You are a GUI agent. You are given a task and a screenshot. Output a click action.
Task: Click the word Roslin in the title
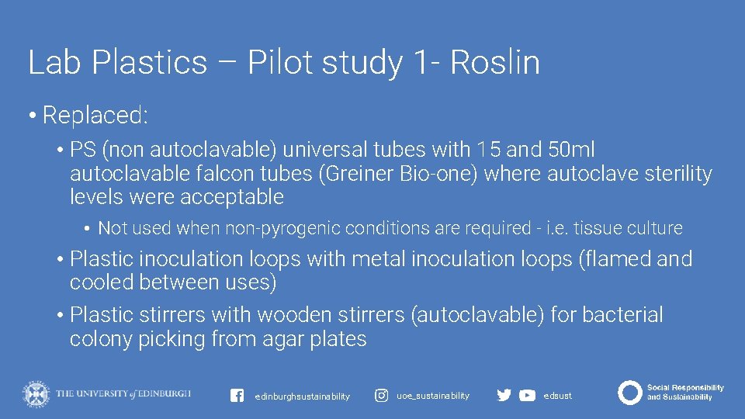click(494, 62)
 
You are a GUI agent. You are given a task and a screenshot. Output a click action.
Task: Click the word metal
click(382, 259)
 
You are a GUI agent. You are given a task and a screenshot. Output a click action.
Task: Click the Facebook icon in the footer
click(237, 396)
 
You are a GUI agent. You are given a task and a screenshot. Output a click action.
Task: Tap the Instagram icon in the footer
click(382, 396)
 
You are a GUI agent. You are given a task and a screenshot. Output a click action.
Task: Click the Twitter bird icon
click(504, 396)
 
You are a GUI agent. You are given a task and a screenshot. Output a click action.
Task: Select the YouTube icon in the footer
click(527, 396)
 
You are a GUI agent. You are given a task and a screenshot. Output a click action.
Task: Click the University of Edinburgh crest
click(36, 394)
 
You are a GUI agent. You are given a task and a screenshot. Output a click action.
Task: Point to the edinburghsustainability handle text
click(302, 396)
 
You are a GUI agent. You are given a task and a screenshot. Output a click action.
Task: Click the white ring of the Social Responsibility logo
click(629, 393)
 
